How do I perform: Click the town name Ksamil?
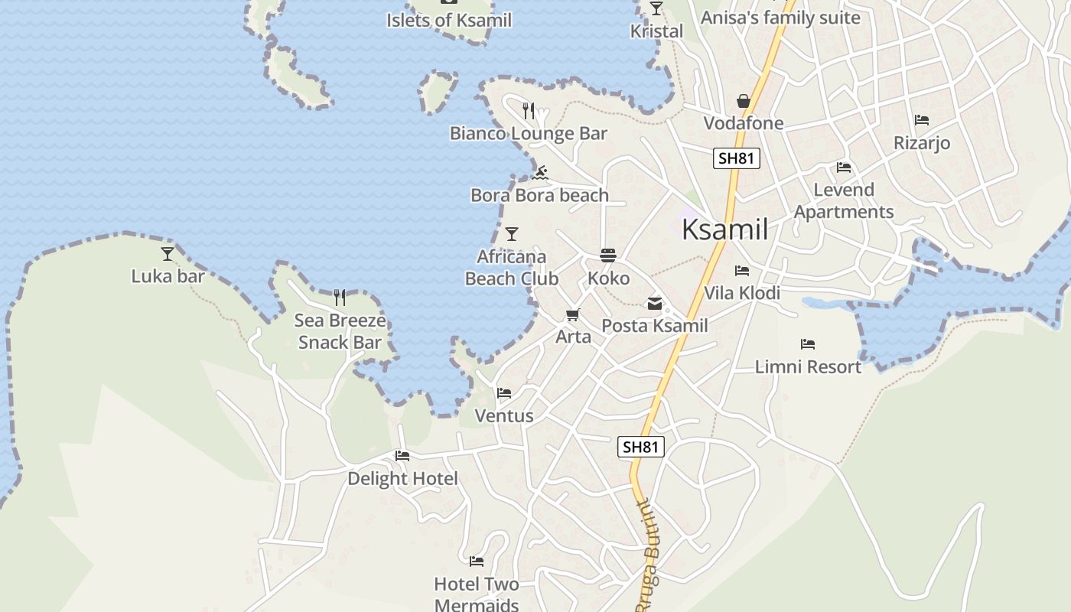724,229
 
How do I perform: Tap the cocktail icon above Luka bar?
168,253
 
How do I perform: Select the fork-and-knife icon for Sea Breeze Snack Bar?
340,297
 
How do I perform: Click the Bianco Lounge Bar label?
528,133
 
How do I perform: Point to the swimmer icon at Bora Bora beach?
540,172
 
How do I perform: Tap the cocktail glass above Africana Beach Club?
512,233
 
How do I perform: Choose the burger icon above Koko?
608,256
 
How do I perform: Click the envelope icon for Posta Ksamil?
655,304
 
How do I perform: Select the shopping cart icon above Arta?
573,314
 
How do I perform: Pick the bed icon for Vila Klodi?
741,270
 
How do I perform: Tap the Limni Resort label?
808,366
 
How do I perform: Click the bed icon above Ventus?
503,393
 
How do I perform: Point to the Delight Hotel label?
402,478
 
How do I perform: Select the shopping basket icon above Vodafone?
743,101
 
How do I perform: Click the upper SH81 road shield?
737,158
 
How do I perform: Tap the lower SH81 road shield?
640,447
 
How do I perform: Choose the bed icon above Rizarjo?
921,119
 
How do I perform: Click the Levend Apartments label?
843,200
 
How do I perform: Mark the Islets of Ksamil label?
448,21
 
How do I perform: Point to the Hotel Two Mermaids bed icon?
477,562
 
